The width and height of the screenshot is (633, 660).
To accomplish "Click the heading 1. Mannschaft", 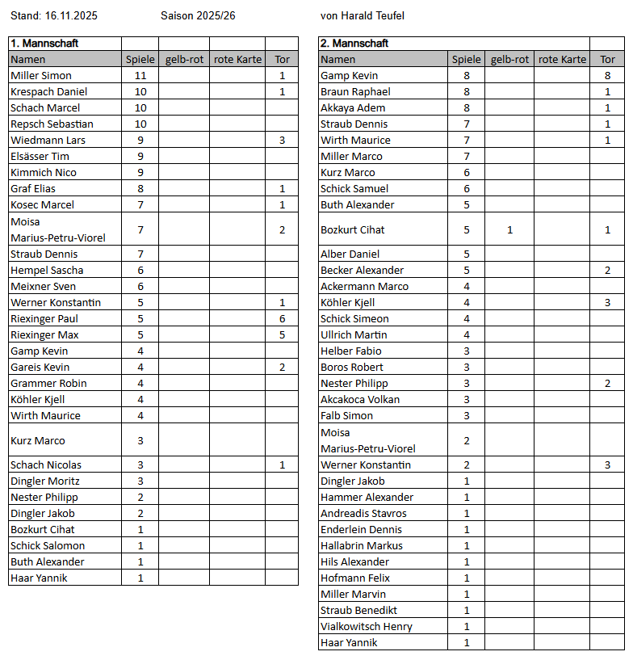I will point(44,44).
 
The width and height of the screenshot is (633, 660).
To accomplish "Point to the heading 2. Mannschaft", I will point(354,44).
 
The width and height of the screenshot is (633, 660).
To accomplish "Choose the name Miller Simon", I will point(41,76).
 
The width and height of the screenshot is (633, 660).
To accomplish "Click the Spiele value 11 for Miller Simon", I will point(140,76).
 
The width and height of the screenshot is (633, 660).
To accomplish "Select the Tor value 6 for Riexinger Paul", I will point(282,319).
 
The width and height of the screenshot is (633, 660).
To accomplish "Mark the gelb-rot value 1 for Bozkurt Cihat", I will point(509,230).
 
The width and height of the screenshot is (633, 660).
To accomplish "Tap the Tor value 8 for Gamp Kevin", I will point(607,76).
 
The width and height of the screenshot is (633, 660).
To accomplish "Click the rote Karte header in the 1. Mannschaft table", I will point(237,60).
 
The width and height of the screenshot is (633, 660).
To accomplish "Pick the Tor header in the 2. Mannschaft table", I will point(607,60).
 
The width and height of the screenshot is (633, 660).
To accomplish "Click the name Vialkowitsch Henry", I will point(367,627).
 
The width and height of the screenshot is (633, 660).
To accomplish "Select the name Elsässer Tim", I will point(40,157).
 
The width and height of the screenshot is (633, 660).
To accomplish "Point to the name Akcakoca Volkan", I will point(360,400).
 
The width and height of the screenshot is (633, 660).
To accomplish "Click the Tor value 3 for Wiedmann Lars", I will point(282,141).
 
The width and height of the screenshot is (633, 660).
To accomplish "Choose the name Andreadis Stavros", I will point(363,514).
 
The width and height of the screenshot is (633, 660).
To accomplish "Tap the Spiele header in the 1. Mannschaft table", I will point(140,60).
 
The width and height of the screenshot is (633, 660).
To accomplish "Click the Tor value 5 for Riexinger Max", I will point(282,335).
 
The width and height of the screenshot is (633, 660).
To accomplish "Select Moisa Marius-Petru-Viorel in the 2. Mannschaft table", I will point(368,441).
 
